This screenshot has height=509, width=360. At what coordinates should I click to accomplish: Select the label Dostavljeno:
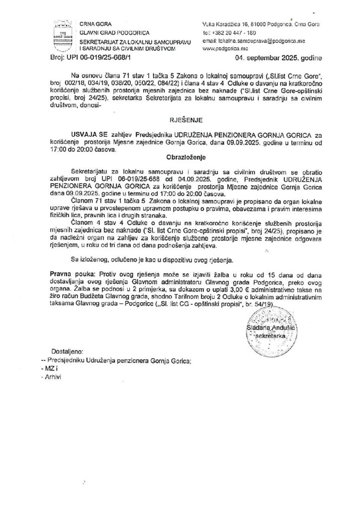coord(69,351)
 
